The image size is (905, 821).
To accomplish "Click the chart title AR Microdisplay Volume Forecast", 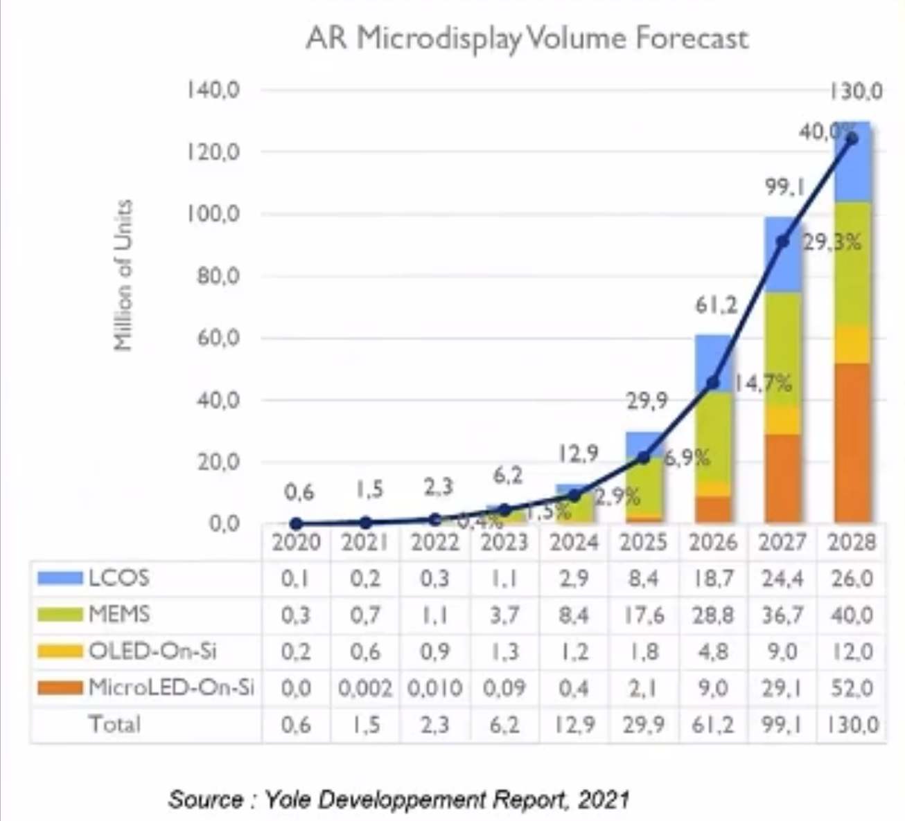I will [527, 38].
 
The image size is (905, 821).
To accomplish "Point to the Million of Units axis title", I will [123, 275].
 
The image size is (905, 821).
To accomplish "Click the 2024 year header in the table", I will [574, 542].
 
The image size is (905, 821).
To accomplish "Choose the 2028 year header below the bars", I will [852, 542].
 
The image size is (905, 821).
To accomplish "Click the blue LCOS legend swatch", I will [60, 578].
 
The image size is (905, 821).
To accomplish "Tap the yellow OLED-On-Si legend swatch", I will [60, 651].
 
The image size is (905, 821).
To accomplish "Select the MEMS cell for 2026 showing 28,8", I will [712, 615].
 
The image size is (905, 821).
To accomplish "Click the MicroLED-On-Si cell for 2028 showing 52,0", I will [852, 688].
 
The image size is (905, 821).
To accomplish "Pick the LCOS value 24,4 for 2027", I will [782, 578].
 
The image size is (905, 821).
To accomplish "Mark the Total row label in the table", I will [114, 724].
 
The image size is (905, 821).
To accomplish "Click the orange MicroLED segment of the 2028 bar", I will [852, 443].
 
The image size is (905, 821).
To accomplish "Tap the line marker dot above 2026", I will [713, 383].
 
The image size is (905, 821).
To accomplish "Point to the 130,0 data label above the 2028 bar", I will [856, 91].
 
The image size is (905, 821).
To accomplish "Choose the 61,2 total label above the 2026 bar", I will [717, 305].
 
